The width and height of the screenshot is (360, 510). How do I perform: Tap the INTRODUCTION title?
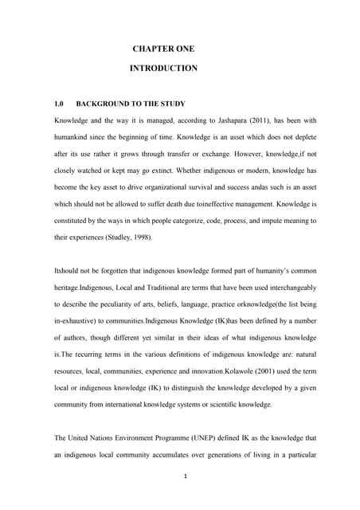[x=163, y=69]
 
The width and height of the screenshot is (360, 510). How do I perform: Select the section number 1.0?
[x=58, y=104]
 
